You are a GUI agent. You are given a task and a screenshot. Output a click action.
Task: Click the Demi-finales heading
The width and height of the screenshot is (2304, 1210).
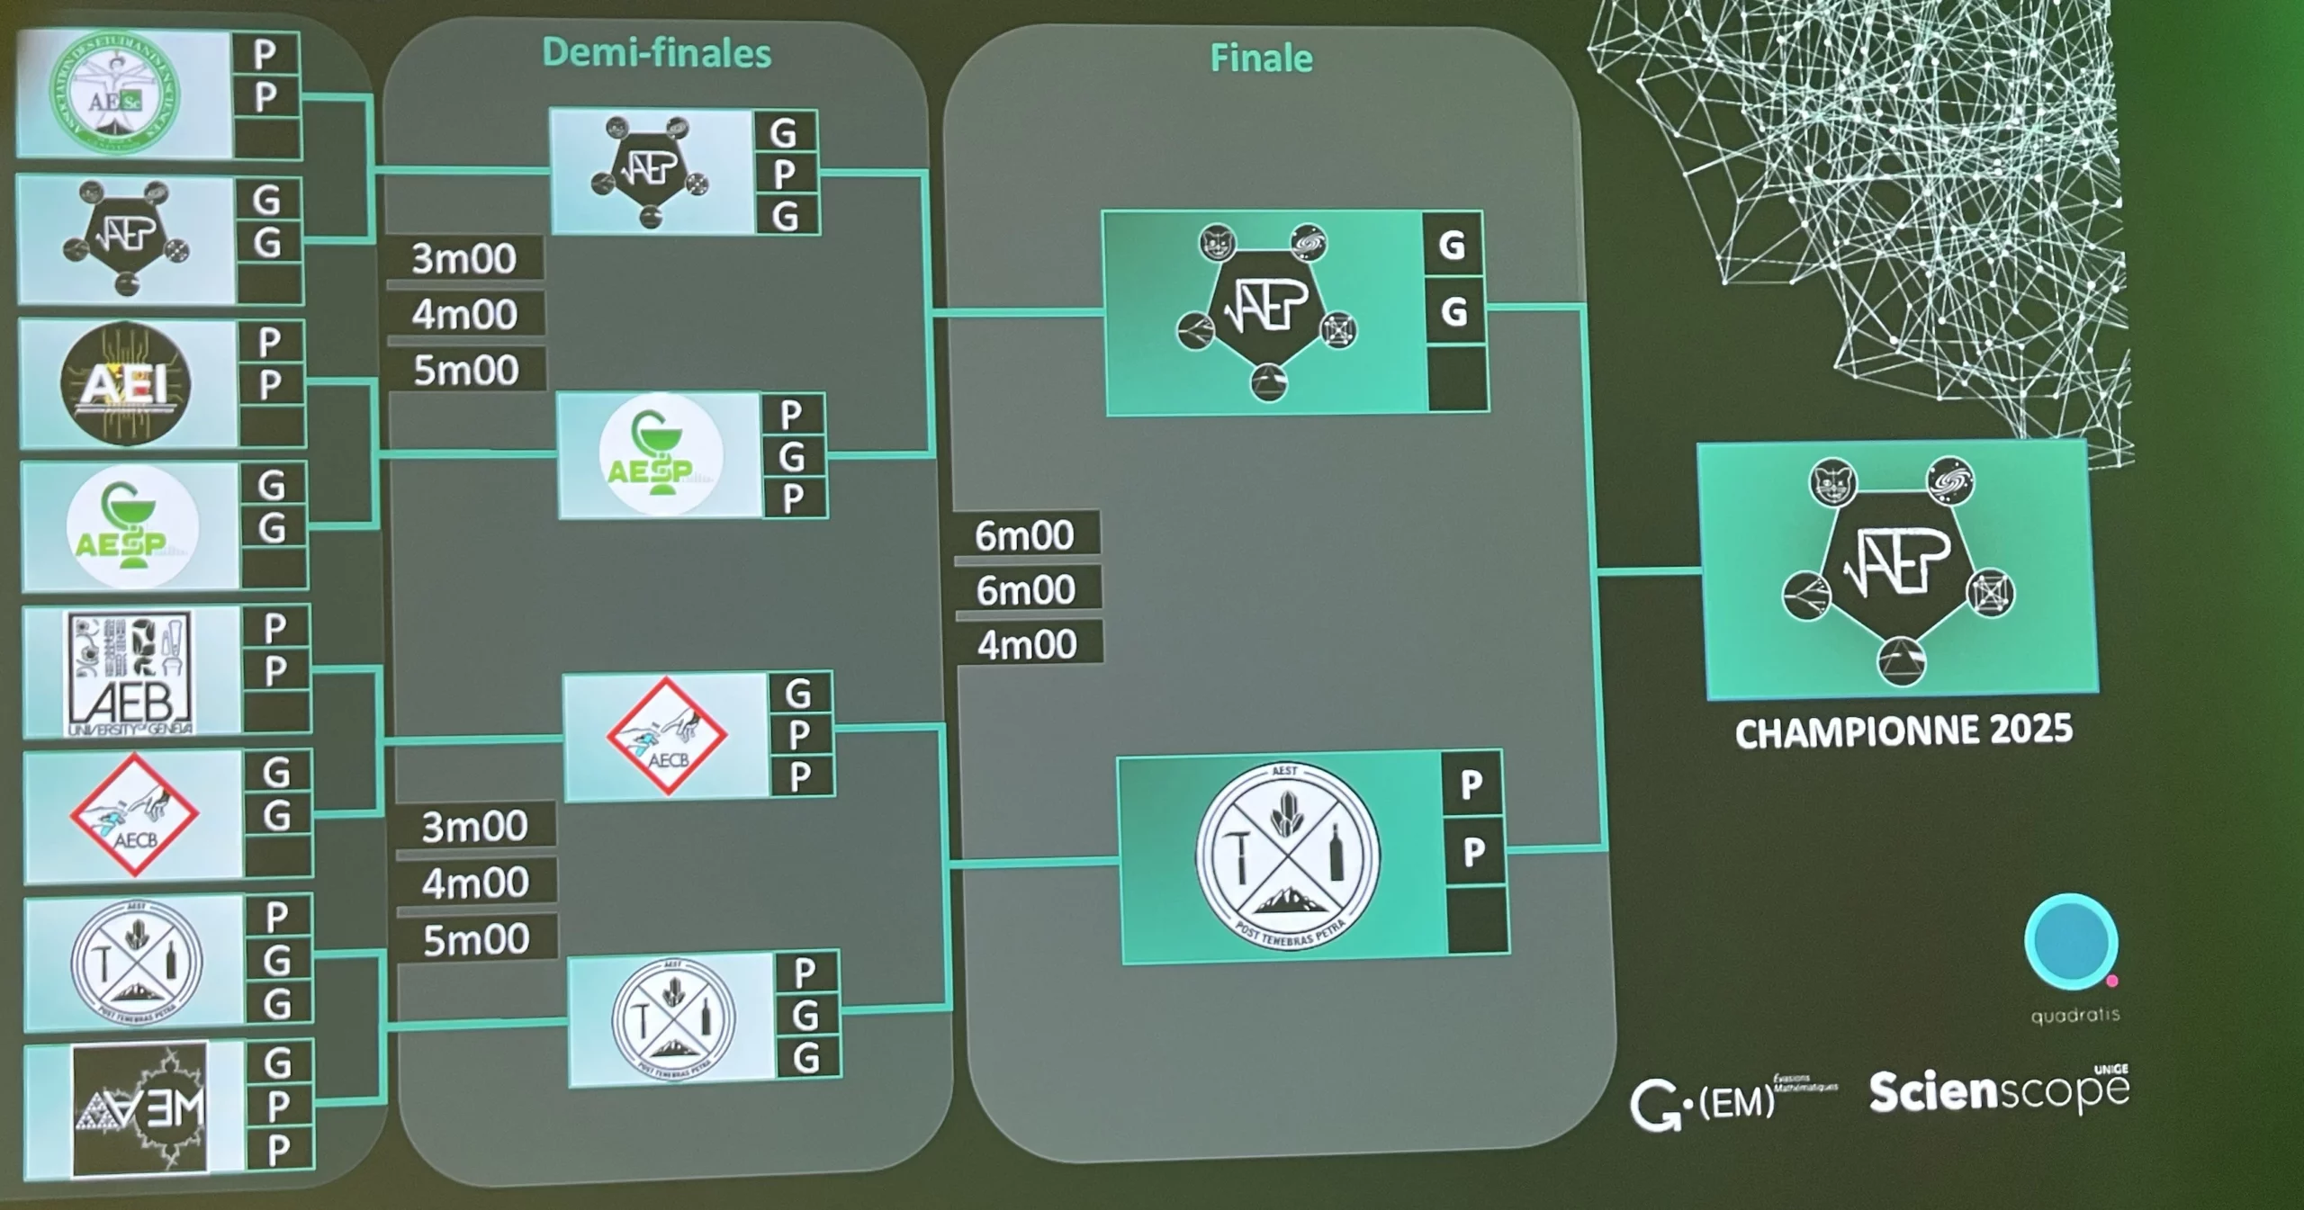coord(656,53)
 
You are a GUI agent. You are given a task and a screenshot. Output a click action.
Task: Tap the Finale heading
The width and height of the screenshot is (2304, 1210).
coord(1261,58)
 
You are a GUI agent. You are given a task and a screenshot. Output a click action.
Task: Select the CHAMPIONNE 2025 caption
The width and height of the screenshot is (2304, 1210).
coord(1903,730)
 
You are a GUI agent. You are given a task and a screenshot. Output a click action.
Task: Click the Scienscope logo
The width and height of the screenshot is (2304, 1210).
coord(1999,1092)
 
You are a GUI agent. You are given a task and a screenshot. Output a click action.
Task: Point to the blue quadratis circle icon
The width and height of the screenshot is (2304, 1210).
coord(2071,942)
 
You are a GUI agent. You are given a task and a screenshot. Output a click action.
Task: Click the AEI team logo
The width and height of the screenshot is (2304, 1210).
coord(125,384)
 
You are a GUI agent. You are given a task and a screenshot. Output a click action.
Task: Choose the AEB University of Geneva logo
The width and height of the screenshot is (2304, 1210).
coord(130,673)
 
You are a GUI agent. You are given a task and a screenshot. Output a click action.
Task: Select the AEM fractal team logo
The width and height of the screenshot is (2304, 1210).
coord(140,1109)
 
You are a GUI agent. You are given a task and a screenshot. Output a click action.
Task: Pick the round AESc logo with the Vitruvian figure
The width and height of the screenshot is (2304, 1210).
coord(113,95)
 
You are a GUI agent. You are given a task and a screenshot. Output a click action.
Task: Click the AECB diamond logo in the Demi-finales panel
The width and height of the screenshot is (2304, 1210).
coord(667,737)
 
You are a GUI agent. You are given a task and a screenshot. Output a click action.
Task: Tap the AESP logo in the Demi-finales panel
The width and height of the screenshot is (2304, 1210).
coord(661,455)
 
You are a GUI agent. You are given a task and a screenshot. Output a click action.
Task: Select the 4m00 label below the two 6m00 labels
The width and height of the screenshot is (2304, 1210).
coord(1028,645)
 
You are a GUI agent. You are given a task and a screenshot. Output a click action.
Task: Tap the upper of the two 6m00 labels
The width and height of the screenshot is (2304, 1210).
coord(1024,535)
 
